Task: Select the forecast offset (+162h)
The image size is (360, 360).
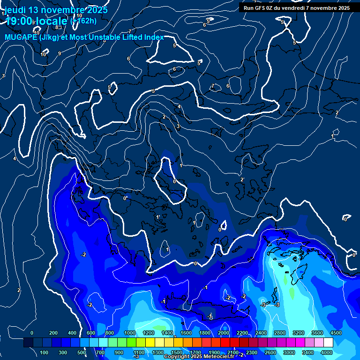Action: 83,21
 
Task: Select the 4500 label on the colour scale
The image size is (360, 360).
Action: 335,333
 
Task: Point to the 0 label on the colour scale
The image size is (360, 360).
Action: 32,333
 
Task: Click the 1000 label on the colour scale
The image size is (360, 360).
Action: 129,333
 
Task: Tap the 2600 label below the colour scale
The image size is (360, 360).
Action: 270,352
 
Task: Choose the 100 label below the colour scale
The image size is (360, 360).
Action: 44,352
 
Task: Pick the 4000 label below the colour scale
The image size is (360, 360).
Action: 327,352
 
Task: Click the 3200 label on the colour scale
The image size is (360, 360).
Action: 298,333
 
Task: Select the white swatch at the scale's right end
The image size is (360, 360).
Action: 328,343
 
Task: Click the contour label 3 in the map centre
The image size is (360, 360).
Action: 178,127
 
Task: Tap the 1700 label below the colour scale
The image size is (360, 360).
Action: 195,352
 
